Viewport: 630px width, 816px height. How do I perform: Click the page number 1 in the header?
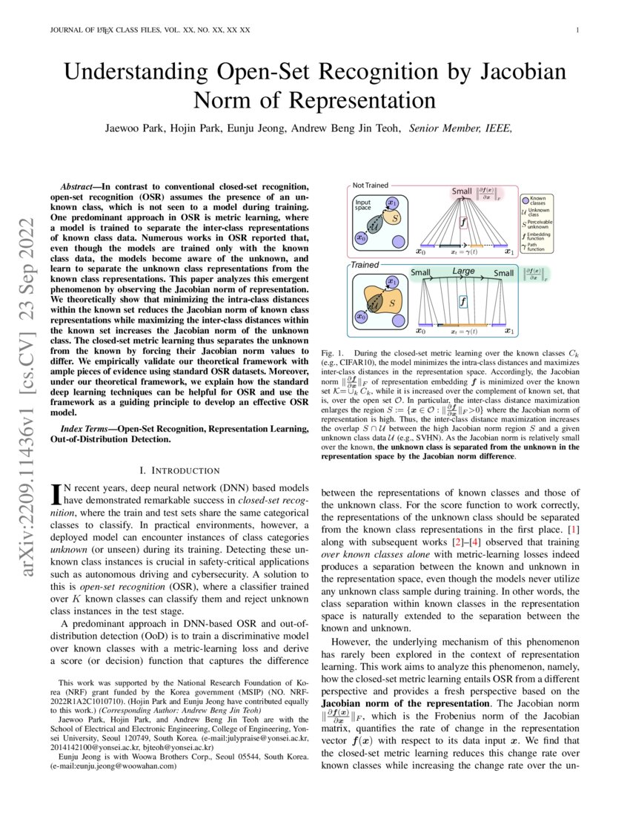point(577,30)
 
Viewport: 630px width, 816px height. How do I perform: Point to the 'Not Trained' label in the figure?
point(370,185)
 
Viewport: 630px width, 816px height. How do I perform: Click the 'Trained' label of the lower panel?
point(365,264)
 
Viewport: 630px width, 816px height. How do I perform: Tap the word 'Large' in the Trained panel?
point(463,272)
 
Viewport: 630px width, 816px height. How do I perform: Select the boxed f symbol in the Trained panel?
point(463,302)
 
